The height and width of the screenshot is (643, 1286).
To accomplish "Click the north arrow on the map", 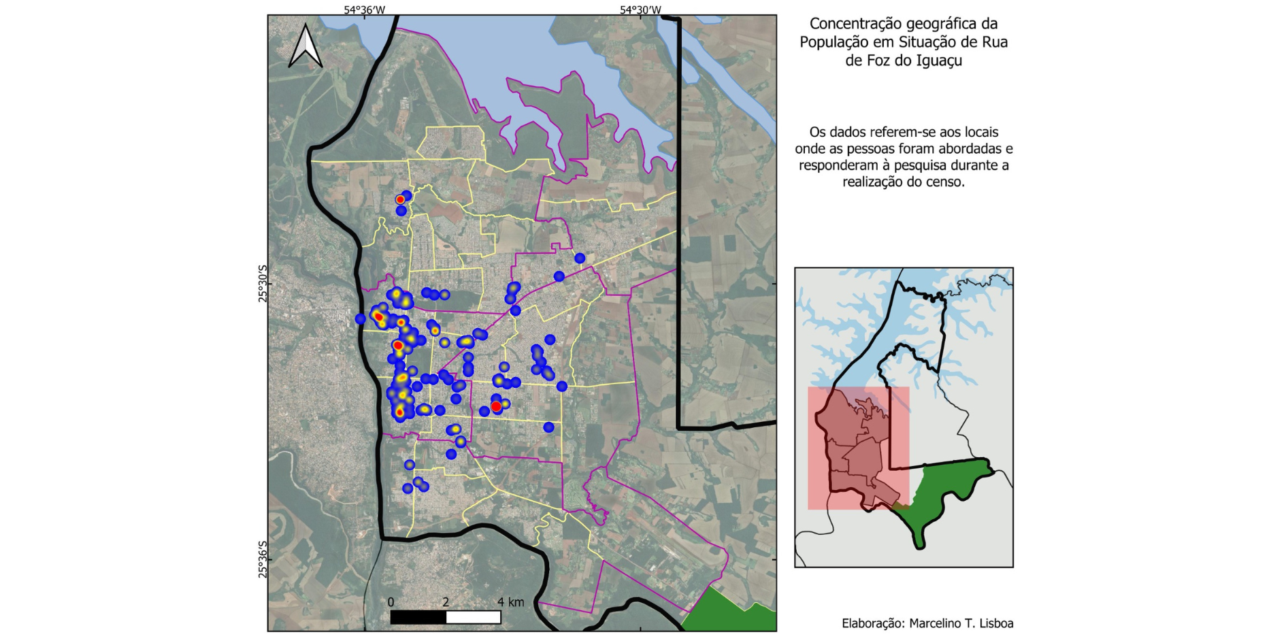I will pyautogui.click(x=306, y=46).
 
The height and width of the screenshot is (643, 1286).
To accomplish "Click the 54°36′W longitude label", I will pyautogui.click(x=364, y=10).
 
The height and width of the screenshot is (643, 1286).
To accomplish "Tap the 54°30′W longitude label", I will pyautogui.click(x=640, y=10).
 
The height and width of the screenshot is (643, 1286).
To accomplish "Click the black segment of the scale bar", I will pyautogui.click(x=418, y=617).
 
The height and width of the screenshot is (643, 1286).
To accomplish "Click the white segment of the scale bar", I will pyautogui.click(x=474, y=617).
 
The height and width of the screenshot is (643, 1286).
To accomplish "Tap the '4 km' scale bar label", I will pyautogui.click(x=510, y=602).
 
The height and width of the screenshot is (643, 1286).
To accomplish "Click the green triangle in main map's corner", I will pyautogui.click(x=731, y=612).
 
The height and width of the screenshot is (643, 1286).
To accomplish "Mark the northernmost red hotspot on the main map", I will pyautogui.click(x=400, y=199).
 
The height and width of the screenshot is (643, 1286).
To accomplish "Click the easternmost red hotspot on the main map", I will pyautogui.click(x=496, y=406).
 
